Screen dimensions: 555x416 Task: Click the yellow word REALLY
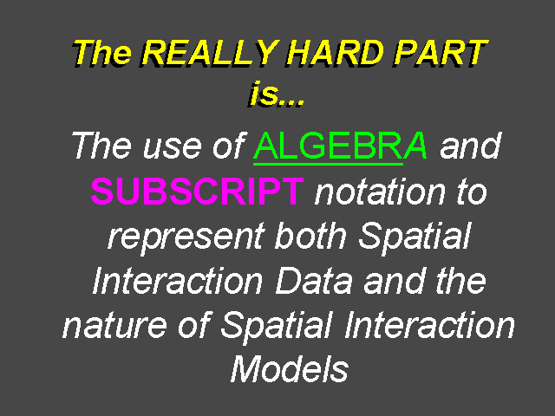pos(210,53)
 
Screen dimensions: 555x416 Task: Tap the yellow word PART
pos(441,53)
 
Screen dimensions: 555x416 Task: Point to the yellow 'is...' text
pos(276,94)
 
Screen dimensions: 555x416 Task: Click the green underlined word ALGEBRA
pos(341,146)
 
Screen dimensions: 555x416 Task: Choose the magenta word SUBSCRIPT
pos(197,191)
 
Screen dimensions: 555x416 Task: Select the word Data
pos(314,281)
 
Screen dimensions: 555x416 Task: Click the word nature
pos(114,326)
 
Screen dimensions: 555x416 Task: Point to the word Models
pos(290,369)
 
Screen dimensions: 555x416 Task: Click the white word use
pos(173,147)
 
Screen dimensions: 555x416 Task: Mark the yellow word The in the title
pos(101,53)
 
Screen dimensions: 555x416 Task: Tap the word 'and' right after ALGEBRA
pos(470,145)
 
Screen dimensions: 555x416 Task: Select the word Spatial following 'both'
pos(415,237)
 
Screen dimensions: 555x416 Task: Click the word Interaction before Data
pos(178,281)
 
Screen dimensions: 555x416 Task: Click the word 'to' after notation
pos(472,192)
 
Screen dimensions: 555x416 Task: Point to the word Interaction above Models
pos(429,325)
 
